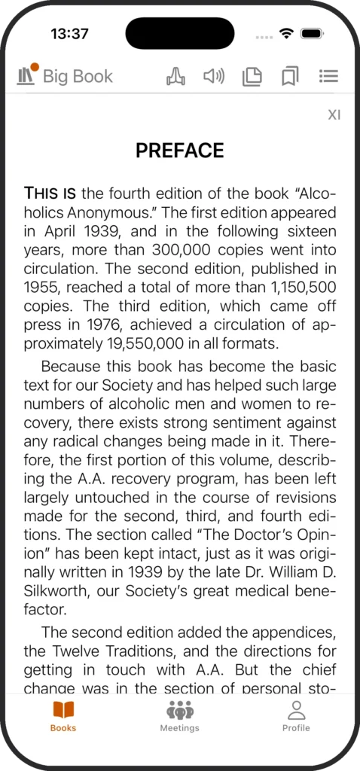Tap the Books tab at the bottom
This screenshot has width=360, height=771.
click(63, 715)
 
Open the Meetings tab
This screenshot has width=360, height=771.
click(179, 715)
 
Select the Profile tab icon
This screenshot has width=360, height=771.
click(296, 715)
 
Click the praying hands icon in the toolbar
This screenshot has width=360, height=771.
click(175, 76)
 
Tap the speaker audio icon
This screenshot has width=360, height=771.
click(214, 76)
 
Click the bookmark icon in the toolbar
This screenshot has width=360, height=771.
click(290, 76)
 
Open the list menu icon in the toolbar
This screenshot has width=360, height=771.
click(328, 76)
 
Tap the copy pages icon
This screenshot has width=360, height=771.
click(252, 76)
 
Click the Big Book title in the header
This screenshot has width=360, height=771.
click(77, 76)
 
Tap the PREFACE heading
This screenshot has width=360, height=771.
click(179, 151)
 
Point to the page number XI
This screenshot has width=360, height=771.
click(334, 115)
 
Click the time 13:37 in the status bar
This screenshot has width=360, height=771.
click(69, 34)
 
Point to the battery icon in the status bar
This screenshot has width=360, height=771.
click(312, 34)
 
